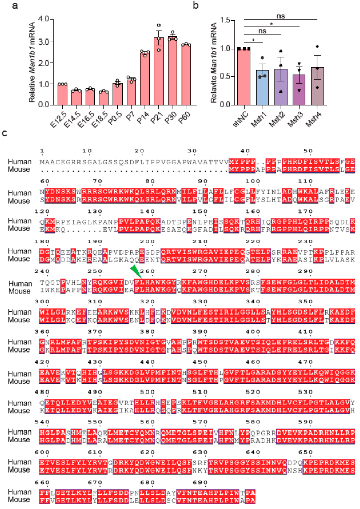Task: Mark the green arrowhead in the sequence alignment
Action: (x=133, y=242)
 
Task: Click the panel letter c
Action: (x=5, y=133)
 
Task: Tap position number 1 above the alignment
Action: (x=43, y=150)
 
